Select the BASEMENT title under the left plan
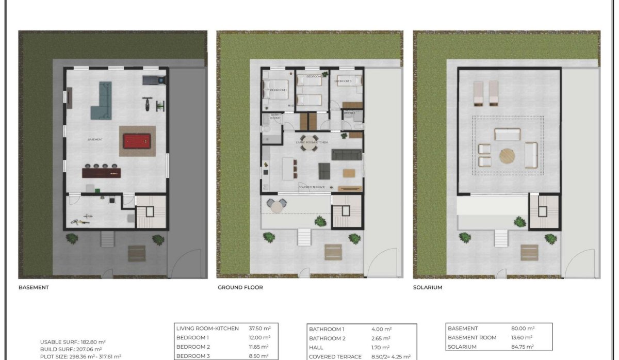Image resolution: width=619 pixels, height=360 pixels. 34,287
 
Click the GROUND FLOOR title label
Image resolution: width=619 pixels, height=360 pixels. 240,287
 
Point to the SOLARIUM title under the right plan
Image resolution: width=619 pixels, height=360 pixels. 428,287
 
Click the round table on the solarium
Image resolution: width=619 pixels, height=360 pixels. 507,155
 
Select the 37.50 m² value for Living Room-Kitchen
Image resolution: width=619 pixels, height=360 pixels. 260,328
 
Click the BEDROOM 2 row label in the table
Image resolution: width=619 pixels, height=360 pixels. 193,347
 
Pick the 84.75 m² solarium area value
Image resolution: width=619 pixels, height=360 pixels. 522,347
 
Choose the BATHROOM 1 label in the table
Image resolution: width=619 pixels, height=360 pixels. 327,329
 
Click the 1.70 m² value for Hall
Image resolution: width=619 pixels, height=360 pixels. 381,347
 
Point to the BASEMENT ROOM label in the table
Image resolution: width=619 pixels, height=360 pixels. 472,337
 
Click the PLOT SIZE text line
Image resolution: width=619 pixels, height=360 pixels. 80,356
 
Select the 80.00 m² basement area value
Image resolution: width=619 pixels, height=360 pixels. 522,328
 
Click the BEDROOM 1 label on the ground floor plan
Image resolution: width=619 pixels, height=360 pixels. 278,90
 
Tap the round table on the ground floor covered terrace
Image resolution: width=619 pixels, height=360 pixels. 278,206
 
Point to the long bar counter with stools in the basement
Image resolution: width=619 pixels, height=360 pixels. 102,172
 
